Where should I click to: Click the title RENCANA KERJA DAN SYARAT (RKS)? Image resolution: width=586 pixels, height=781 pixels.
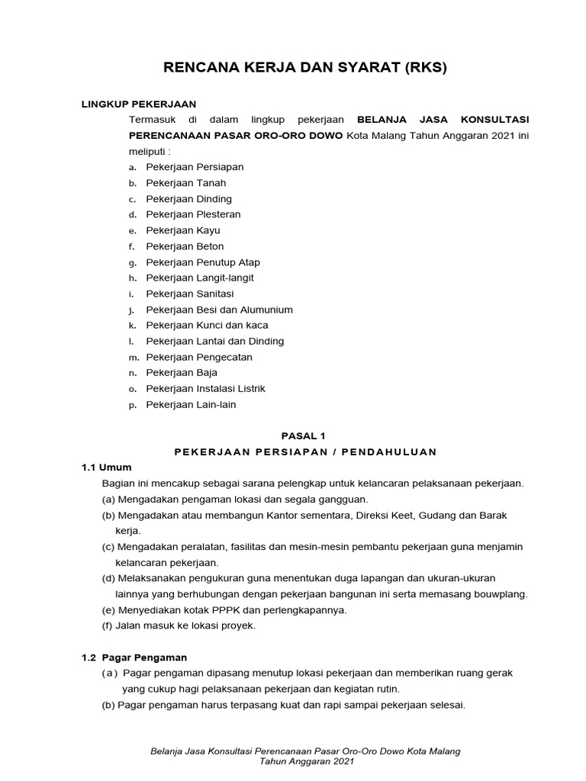305,67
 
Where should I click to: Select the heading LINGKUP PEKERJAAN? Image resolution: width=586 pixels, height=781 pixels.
139,104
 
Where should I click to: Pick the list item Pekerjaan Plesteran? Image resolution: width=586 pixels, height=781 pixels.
193,215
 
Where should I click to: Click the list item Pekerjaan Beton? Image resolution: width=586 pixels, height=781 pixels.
185,246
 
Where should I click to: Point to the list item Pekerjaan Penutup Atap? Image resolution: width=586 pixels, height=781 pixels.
203,262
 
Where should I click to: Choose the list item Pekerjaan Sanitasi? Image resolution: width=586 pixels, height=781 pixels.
190,294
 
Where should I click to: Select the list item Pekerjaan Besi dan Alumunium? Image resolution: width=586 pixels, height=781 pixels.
219,310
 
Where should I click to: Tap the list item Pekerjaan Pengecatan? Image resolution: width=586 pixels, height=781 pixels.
199,357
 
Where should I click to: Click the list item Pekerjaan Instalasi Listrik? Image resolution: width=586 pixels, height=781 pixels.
206,388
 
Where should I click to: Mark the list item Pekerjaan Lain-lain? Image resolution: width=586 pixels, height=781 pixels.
191,404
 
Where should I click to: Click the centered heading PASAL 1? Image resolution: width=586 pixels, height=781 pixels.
304,435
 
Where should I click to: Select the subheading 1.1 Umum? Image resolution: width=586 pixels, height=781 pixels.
107,468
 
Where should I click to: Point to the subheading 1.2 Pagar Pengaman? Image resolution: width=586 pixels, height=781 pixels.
134,657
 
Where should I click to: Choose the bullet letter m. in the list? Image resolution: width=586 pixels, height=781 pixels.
134,358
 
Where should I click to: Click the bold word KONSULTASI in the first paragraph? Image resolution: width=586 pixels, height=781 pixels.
494,120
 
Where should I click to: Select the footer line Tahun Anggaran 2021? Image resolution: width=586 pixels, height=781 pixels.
306,762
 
